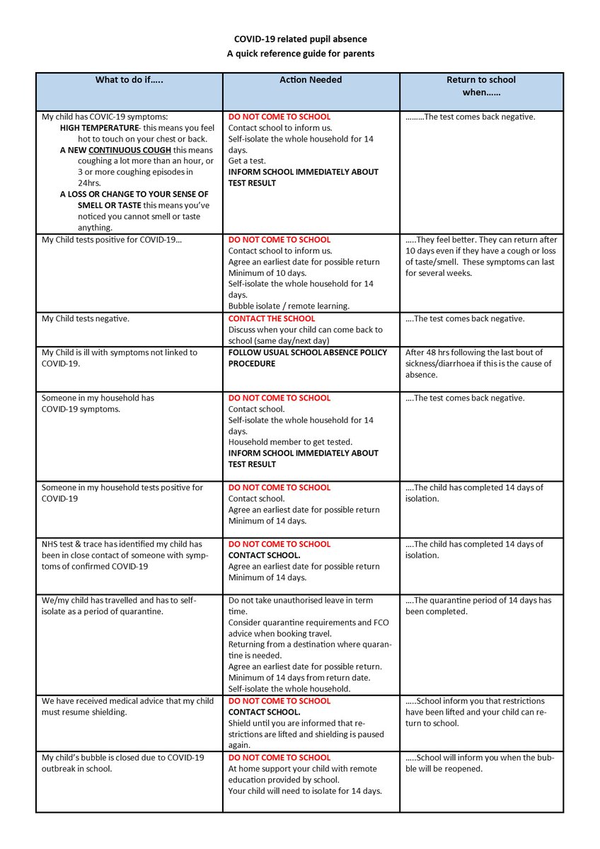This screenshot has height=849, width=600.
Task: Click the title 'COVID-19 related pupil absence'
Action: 301,39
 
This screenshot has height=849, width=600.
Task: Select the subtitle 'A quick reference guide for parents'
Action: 301,53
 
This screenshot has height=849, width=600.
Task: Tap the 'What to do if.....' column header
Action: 129,80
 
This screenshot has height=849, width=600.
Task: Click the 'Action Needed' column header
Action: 311,80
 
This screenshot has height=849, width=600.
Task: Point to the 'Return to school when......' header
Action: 481,86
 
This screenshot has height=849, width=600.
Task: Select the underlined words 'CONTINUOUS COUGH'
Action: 130,150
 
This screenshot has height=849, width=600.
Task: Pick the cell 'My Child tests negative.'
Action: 86,318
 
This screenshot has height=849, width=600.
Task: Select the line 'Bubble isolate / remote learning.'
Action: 289,306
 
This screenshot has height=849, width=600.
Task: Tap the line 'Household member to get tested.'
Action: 290,442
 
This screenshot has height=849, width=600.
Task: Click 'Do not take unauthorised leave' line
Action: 300,600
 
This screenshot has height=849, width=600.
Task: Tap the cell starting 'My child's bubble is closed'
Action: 122,763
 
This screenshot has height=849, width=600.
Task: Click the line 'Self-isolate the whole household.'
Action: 289,688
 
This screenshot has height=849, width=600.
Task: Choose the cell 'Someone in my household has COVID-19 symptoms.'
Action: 98,403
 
